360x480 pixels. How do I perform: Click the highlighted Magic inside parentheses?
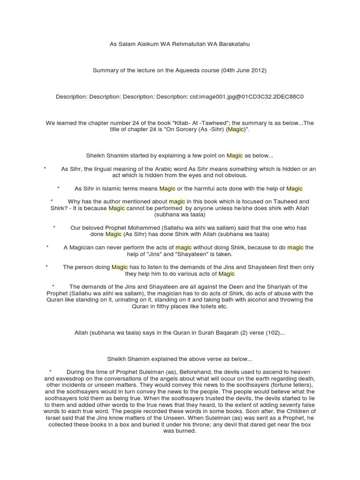[236, 129]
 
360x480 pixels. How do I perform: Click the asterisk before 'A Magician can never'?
[47, 247]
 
